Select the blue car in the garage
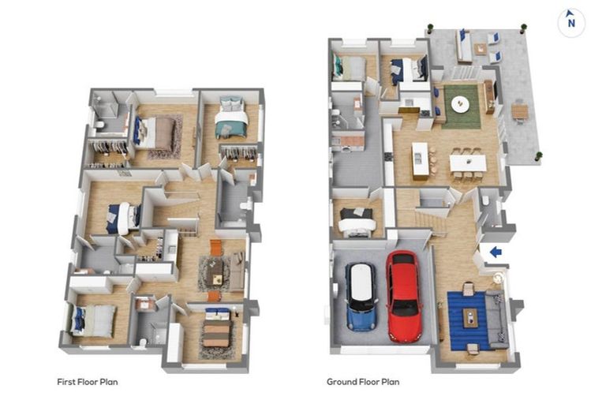(361, 296)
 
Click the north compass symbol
(571, 22)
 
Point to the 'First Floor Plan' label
(88, 382)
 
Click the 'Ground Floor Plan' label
(363, 382)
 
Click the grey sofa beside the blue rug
(499, 318)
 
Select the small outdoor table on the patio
(519, 111)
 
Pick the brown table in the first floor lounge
(215, 271)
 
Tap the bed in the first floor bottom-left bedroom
(95, 320)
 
